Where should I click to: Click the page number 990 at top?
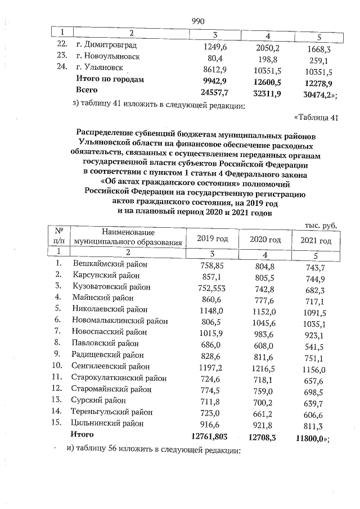tap(198, 21)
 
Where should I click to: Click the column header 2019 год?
tap(213, 240)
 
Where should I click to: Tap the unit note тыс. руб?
tap(321, 225)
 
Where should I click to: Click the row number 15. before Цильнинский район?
tap(58, 423)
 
